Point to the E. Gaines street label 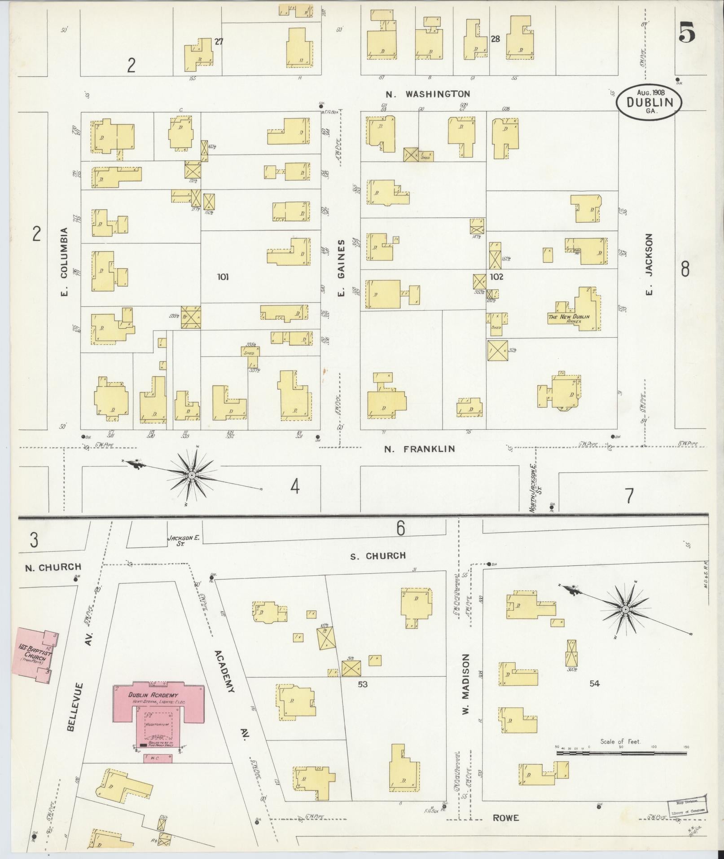coord(341,268)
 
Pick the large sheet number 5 coord(687,32)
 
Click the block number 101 coord(223,277)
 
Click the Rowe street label coord(506,818)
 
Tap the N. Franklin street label coord(419,449)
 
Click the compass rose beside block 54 coord(624,609)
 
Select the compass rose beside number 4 coord(192,475)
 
